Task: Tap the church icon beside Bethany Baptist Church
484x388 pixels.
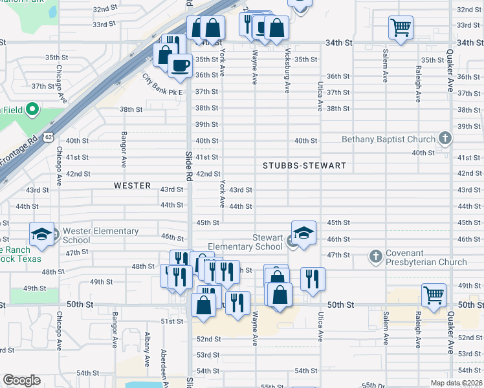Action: tap(445, 138)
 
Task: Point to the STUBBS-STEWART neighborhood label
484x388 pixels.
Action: tap(304, 166)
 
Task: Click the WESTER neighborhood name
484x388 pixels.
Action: tap(132, 186)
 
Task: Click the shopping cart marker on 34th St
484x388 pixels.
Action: tap(401, 27)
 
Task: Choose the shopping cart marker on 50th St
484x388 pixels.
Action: tap(434, 295)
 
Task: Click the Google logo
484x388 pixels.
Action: tap(21, 380)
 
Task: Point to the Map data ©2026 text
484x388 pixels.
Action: tap(456, 383)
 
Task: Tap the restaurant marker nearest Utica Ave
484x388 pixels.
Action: tap(313, 279)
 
